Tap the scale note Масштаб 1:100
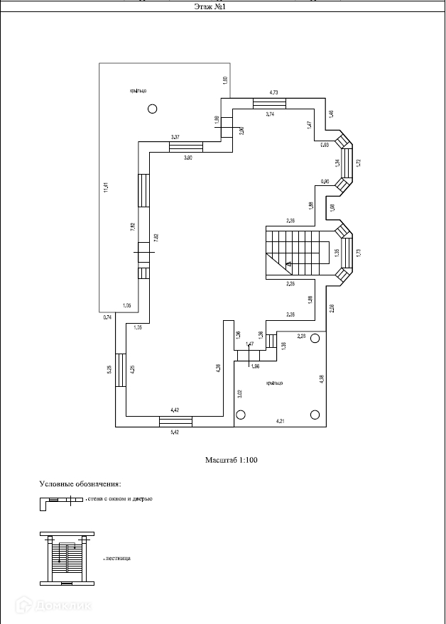231,460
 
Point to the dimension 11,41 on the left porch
104,188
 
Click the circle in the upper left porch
153,109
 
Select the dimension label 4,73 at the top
273,92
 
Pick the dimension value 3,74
270,114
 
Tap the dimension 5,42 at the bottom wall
175,431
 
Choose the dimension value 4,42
175,410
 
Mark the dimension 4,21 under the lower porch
281,422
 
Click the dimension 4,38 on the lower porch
321,378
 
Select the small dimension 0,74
107,317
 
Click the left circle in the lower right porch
241,415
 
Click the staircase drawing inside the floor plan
297,252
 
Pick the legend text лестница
118,558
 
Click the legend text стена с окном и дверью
119,499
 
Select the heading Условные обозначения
80,483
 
